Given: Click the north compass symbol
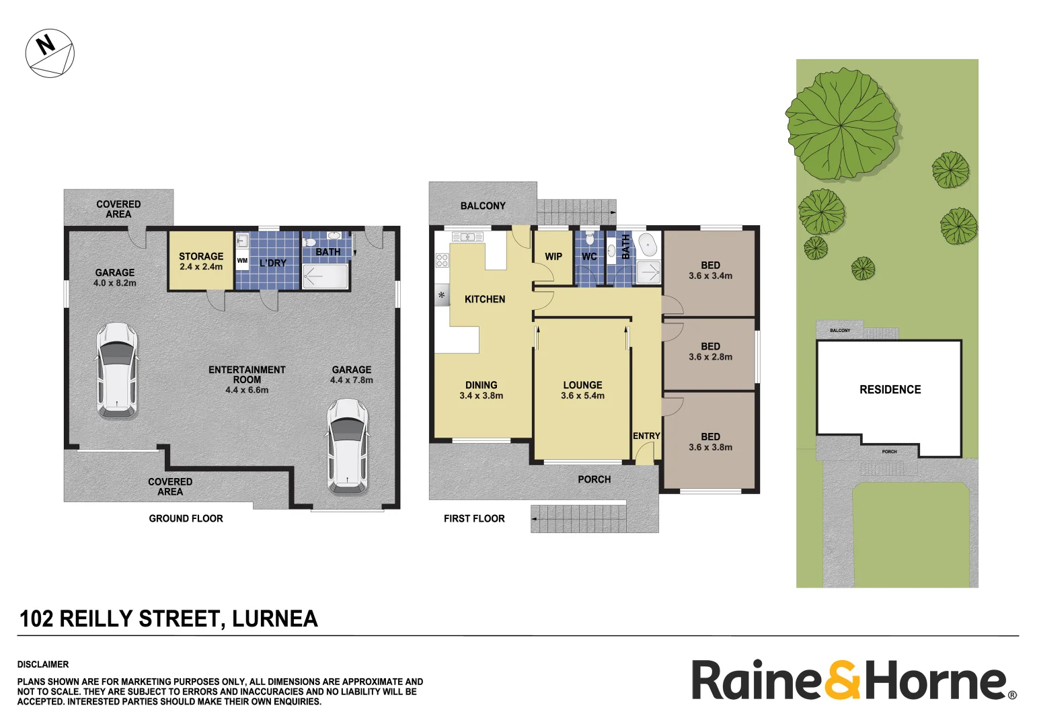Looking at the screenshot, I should click(50, 53).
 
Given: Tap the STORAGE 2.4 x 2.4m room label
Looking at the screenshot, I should click(200, 261).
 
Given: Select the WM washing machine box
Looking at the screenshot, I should click(242, 261).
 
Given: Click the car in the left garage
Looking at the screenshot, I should click(117, 370).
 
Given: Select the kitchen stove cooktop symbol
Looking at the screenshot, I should click(442, 260).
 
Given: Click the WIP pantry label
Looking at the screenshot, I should click(553, 257).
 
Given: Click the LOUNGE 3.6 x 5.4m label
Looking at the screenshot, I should click(582, 390).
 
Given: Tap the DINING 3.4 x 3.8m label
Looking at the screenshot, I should click(481, 390).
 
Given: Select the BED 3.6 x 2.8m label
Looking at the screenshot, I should click(710, 352).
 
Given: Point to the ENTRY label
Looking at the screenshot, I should click(646, 436).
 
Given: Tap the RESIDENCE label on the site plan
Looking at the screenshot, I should click(890, 390).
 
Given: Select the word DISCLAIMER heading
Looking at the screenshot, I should click(43, 664).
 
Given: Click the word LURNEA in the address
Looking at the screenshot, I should click(274, 618).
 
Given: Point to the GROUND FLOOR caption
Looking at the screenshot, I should click(186, 518).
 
